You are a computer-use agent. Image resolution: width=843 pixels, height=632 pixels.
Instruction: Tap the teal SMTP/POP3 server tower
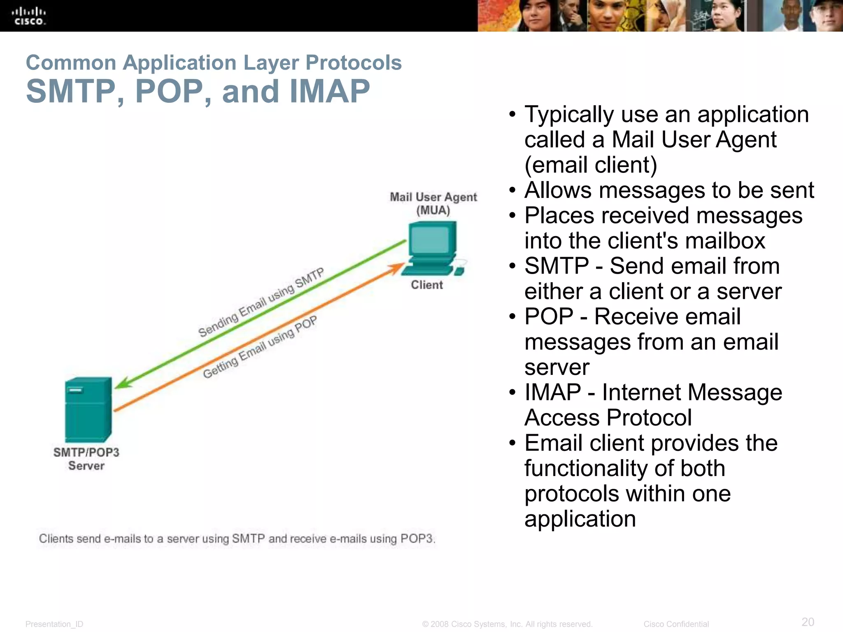coord(88,409)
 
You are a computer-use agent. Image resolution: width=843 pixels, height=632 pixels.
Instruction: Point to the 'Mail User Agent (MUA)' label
coord(433,204)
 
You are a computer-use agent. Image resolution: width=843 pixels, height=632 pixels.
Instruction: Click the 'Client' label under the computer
coord(427,285)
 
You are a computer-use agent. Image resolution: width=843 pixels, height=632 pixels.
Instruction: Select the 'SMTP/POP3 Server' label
coord(86,459)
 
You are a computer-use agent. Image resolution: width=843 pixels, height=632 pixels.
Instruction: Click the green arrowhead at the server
coord(123,383)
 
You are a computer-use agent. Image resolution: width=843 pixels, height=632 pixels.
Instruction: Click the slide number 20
coord(808,622)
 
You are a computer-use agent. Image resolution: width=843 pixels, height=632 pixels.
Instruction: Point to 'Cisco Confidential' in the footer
coord(676,624)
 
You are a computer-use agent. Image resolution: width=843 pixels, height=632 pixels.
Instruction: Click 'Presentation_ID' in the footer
coord(54,624)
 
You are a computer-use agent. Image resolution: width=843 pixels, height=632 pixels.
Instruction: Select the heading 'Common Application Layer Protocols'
coord(214,63)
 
